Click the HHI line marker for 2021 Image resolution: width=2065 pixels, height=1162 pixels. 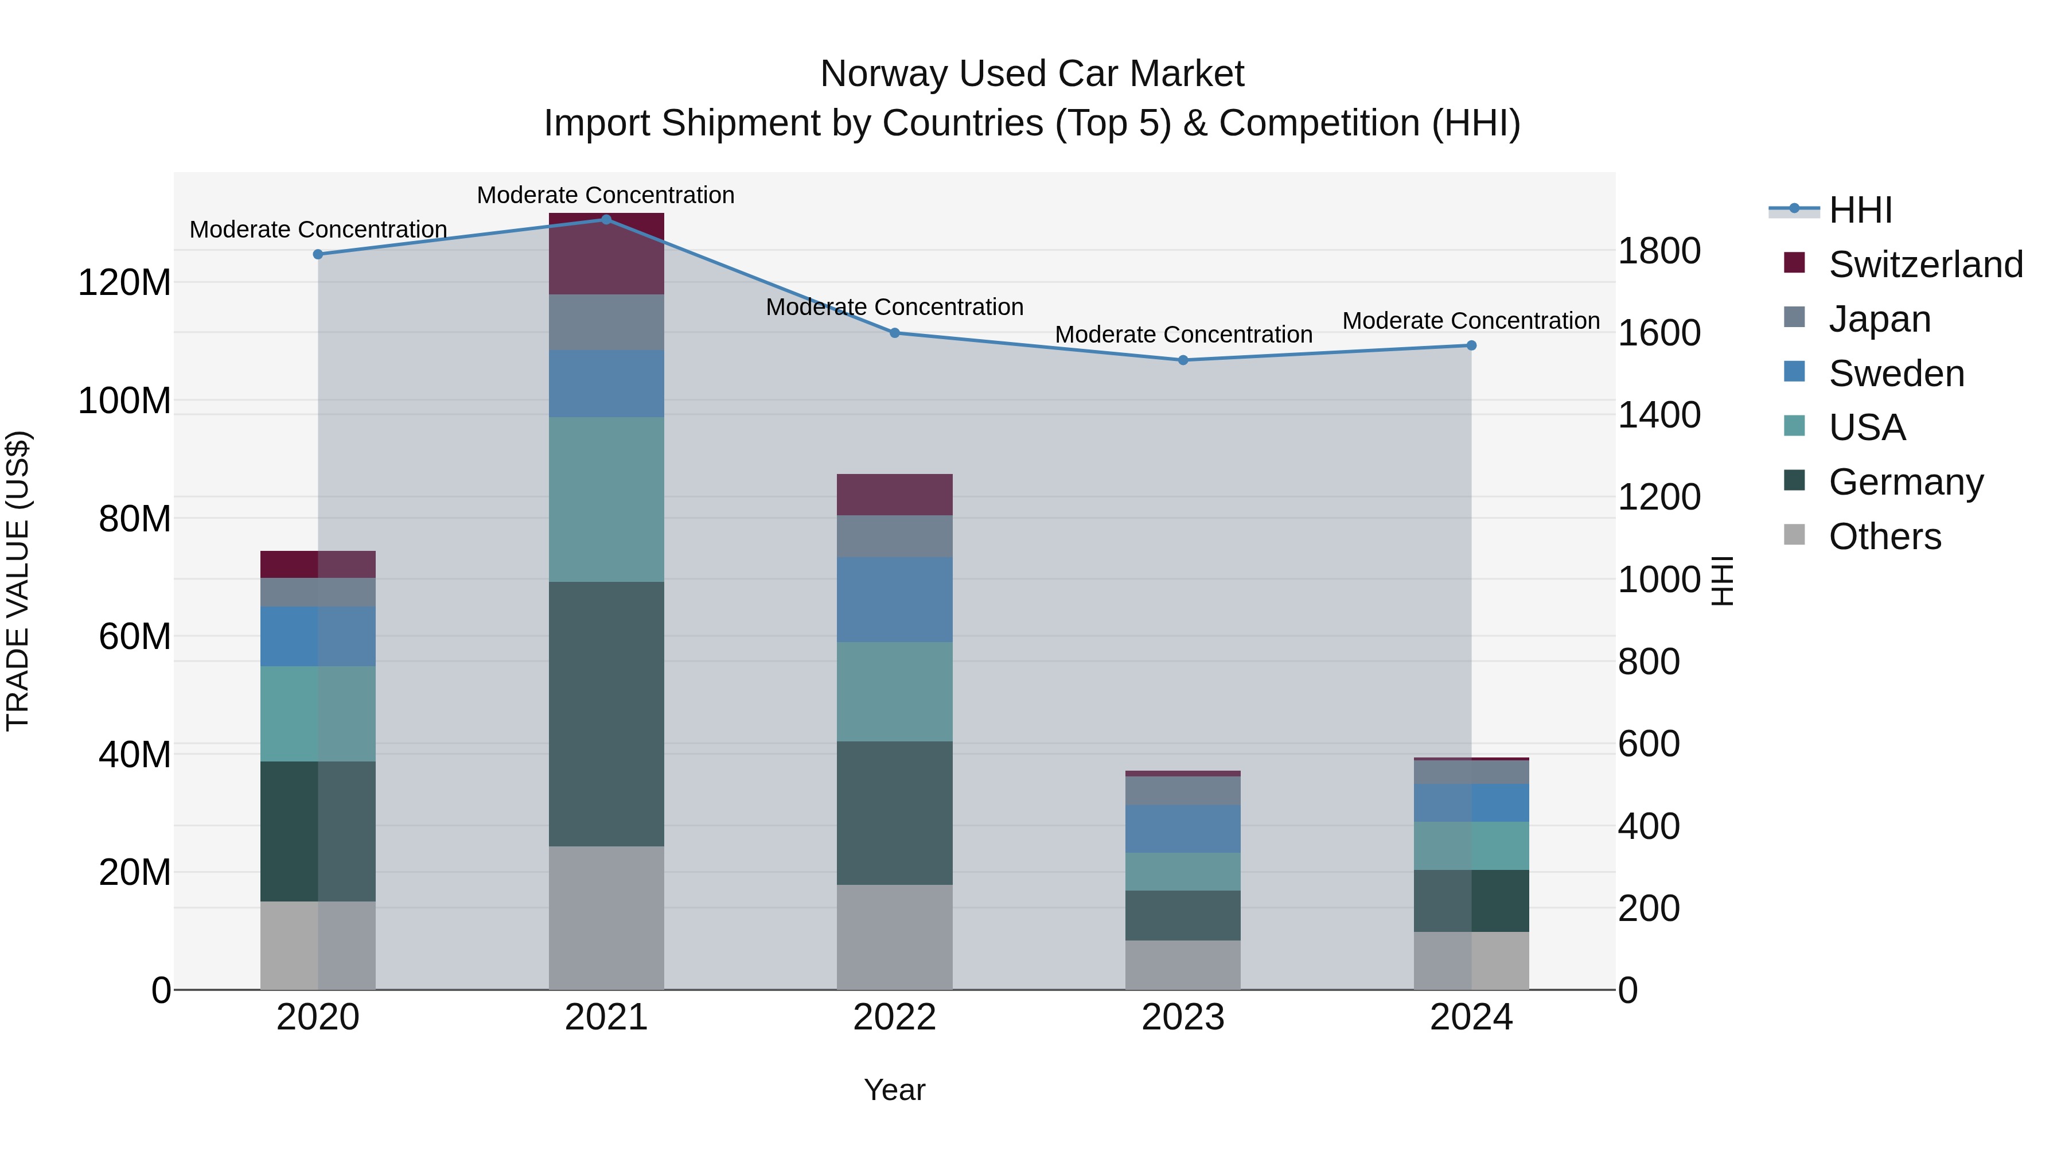click(x=606, y=220)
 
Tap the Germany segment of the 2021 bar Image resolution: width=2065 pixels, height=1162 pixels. click(x=606, y=714)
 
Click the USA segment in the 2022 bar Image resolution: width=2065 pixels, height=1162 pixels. click(x=895, y=691)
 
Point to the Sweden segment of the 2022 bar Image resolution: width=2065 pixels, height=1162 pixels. click(x=895, y=600)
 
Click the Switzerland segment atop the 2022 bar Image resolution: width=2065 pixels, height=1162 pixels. click(x=895, y=495)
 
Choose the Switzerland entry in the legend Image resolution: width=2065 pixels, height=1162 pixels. click(x=1926, y=265)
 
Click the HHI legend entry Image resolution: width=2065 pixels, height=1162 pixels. click(x=1860, y=210)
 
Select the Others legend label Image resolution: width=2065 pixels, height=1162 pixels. click(x=1885, y=537)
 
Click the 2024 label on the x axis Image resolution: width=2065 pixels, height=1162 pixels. click(x=1471, y=1017)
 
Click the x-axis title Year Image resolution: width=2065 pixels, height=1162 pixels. click(x=895, y=1090)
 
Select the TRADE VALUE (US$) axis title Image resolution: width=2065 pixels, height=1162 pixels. click(x=18, y=581)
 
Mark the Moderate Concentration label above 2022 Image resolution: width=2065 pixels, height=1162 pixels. click(x=895, y=307)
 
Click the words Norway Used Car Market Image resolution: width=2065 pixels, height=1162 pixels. click(x=1032, y=74)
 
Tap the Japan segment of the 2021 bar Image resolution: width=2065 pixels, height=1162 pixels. click(x=606, y=322)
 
